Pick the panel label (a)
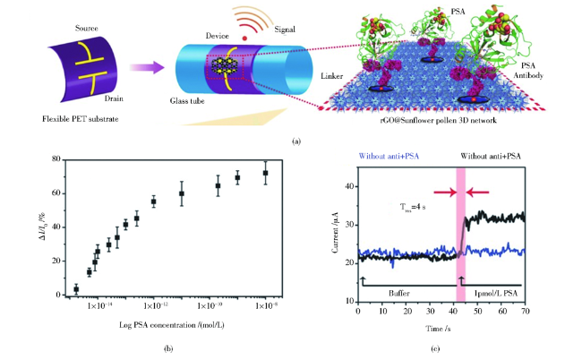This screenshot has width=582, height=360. (295, 141)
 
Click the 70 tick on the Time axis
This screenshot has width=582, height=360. (525, 311)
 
